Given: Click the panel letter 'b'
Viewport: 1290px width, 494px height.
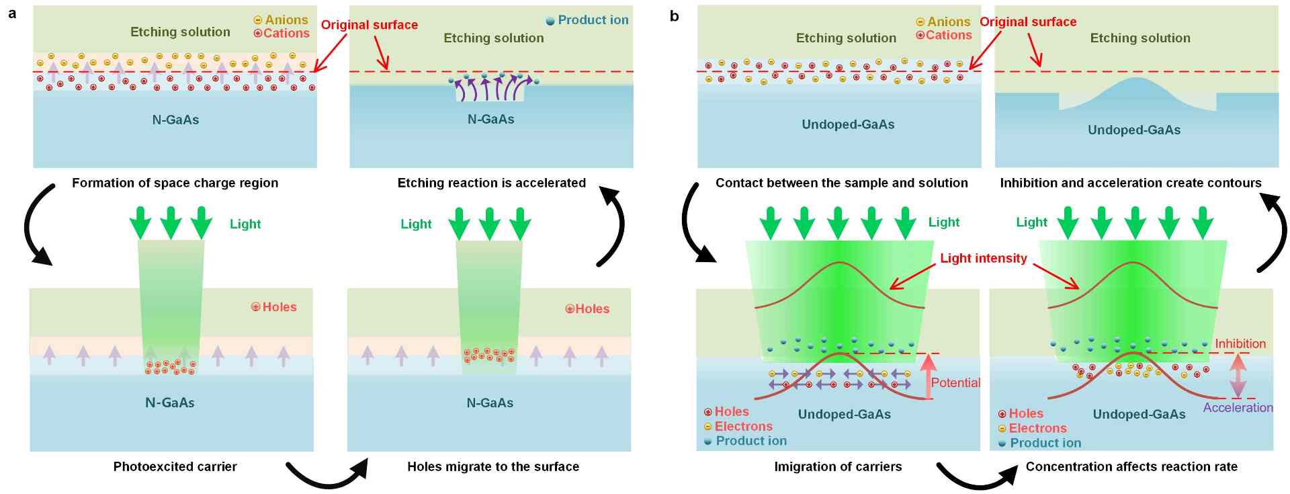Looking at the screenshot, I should tap(674, 16).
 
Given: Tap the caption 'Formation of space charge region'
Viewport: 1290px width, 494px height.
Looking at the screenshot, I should tap(175, 183).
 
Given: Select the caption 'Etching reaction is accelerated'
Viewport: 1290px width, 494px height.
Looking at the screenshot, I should tap(491, 183).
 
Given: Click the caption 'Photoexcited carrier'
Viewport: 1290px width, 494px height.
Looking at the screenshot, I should tap(175, 466).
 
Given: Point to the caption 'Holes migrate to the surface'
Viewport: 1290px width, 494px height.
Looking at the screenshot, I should tap(493, 466).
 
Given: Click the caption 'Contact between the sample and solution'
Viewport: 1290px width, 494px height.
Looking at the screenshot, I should tap(841, 183).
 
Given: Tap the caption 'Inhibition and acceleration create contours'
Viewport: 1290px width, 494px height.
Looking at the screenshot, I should tap(1131, 183).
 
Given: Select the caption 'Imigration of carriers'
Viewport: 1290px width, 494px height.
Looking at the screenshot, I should tap(838, 466).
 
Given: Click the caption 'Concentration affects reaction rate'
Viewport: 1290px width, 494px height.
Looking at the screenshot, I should tap(1131, 466).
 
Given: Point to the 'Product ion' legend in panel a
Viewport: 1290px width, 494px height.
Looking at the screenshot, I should tap(587, 20).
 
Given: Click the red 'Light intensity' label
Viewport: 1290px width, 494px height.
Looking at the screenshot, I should tap(983, 258).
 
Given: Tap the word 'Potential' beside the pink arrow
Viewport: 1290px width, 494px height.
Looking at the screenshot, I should tap(955, 382).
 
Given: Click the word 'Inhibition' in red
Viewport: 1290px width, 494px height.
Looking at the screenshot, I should tap(1240, 343).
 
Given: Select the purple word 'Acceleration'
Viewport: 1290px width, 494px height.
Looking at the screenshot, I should tap(1238, 407).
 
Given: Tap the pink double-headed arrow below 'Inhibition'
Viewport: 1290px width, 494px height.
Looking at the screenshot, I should tap(1238, 375).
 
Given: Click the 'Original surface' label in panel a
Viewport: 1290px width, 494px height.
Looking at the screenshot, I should tap(369, 25).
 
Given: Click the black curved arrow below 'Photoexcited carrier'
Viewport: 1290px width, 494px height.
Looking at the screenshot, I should tap(327, 474).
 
